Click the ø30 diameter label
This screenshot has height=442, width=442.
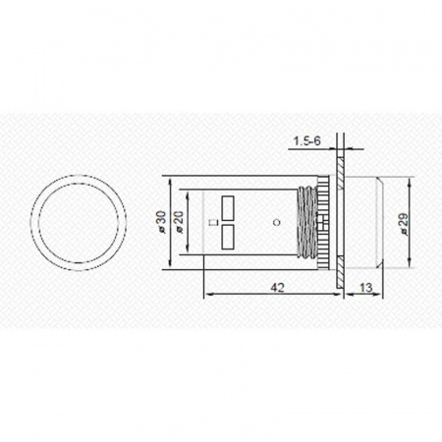coord(162,222)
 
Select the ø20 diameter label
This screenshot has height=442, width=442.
coord(180,222)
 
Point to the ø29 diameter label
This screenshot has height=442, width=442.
coord(404,224)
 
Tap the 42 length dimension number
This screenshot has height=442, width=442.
coord(277,288)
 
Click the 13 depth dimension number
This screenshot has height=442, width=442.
coord(365,288)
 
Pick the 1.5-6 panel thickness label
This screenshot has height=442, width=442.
coord(306,141)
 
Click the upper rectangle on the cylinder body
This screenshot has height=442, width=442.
coord(228,208)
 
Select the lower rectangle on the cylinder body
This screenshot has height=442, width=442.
coord(228,237)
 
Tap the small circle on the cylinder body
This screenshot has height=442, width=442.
coord(277,223)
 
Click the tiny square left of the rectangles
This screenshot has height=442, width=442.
coord(215,222)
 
